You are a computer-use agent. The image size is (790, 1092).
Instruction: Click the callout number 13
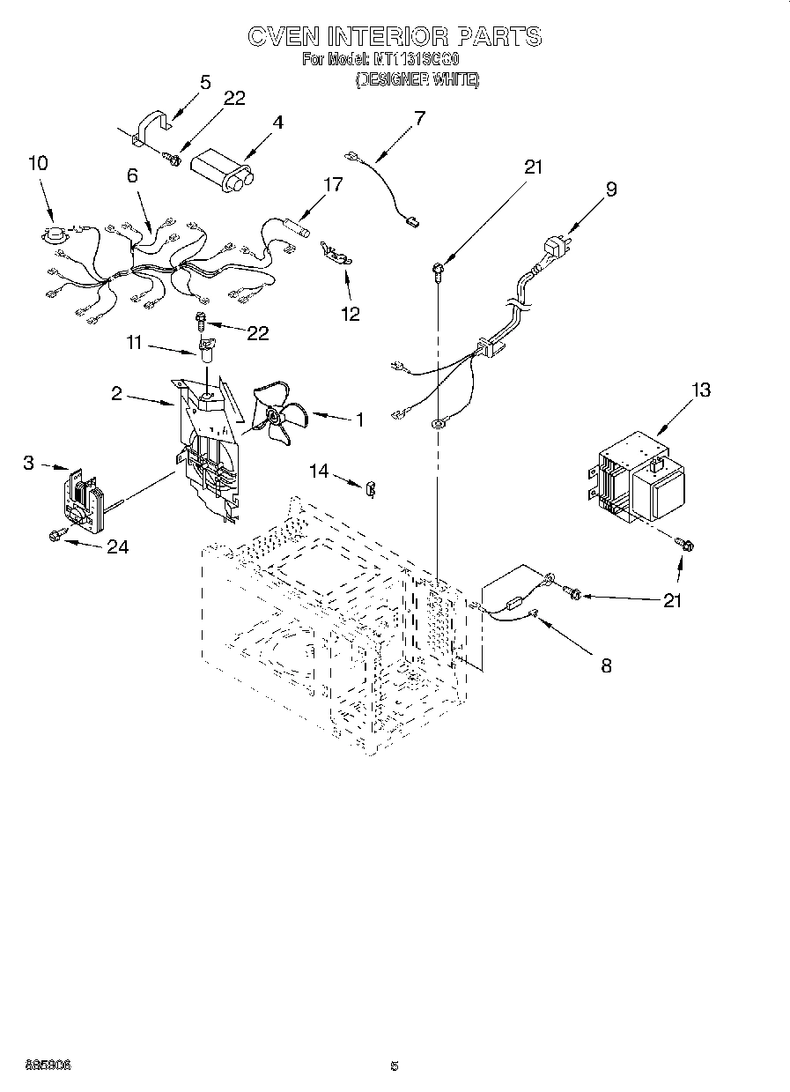[x=701, y=390]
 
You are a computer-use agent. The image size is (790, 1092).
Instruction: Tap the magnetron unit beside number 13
[x=636, y=485]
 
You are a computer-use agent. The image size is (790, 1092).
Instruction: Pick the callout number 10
[x=38, y=163]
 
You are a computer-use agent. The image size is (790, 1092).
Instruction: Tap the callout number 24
[x=117, y=547]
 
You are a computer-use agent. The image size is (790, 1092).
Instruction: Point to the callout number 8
[x=606, y=665]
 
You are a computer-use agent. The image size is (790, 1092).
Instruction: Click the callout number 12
[x=351, y=314]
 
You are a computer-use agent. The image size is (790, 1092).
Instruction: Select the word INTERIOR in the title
[x=387, y=37]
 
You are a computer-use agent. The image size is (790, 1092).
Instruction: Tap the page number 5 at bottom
[x=395, y=1066]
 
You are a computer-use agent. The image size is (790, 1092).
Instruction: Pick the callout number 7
[x=418, y=117]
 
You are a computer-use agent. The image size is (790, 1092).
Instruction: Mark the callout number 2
[x=116, y=393]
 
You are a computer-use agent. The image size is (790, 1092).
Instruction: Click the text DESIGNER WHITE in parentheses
[x=417, y=79]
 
